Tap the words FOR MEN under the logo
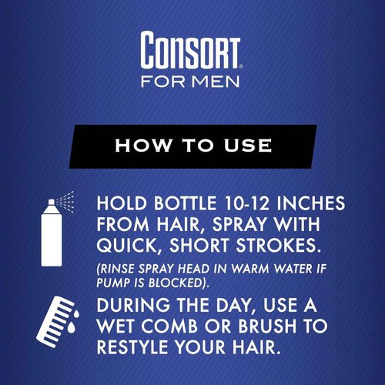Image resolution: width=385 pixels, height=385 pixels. tap(192, 81)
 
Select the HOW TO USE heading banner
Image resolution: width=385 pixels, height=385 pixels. tap(192, 145)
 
